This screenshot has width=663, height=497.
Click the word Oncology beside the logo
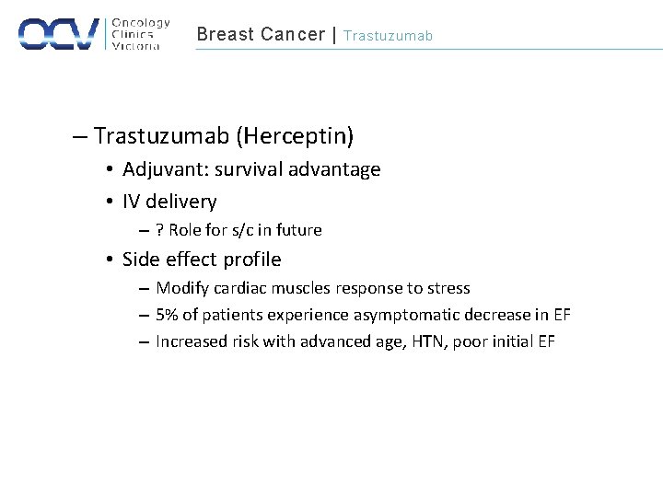[x=142, y=23]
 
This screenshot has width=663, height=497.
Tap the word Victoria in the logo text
[x=136, y=46]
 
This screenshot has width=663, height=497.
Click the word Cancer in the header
[x=292, y=35]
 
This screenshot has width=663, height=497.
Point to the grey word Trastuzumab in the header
[x=388, y=36]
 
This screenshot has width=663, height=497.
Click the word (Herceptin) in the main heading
[x=295, y=137]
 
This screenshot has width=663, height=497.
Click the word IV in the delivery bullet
[x=133, y=202]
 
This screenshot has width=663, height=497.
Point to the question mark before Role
[x=160, y=230]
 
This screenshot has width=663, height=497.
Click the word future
[x=300, y=230]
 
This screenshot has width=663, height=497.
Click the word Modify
[x=181, y=288]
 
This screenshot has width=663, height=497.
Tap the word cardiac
[x=242, y=288]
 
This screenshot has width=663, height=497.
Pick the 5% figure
[x=167, y=315]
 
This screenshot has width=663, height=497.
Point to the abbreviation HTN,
[x=413, y=341]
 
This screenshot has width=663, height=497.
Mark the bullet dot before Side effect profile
[x=109, y=260]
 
